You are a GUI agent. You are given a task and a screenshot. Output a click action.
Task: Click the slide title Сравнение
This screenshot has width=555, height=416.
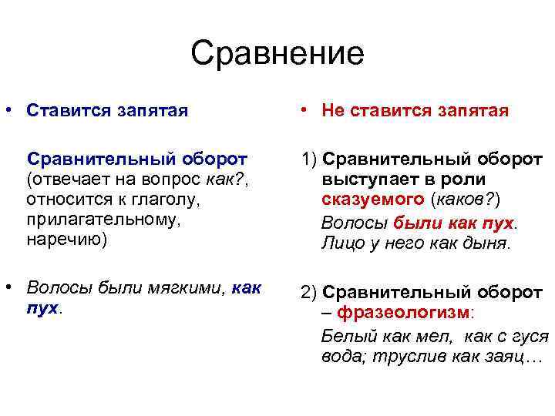pos(277,54)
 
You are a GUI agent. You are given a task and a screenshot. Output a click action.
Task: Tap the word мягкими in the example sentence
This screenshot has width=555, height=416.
pos(193,288)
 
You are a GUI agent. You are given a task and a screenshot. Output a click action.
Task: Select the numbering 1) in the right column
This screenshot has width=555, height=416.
pos(310,159)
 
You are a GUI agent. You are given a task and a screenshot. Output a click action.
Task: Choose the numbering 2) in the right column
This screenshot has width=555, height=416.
pos(310,293)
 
